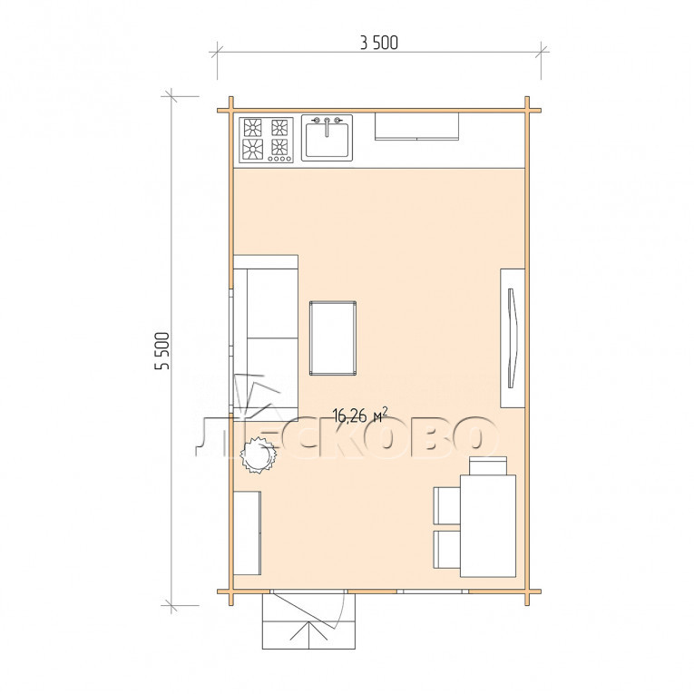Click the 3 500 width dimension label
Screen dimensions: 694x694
[379, 43]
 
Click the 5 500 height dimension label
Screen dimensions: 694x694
[162, 350]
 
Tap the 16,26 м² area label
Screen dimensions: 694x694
[360, 415]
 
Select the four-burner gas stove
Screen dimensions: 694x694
[266, 140]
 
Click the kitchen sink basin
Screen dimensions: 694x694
[327, 140]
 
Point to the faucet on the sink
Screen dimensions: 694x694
[327, 126]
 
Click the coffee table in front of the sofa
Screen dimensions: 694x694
[333, 337]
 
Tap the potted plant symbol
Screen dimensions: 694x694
[258, 455]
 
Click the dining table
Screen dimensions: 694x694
[488, 526]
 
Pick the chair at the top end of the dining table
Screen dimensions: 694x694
[488, 465]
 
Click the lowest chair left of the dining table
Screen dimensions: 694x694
[447, 549]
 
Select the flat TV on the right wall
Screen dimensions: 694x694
[512, 338]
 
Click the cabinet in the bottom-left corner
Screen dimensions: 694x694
[247, 533]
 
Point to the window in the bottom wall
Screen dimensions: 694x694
[433, 591]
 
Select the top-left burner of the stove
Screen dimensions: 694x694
[253, 128]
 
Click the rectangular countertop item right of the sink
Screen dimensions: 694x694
[416, 126]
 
